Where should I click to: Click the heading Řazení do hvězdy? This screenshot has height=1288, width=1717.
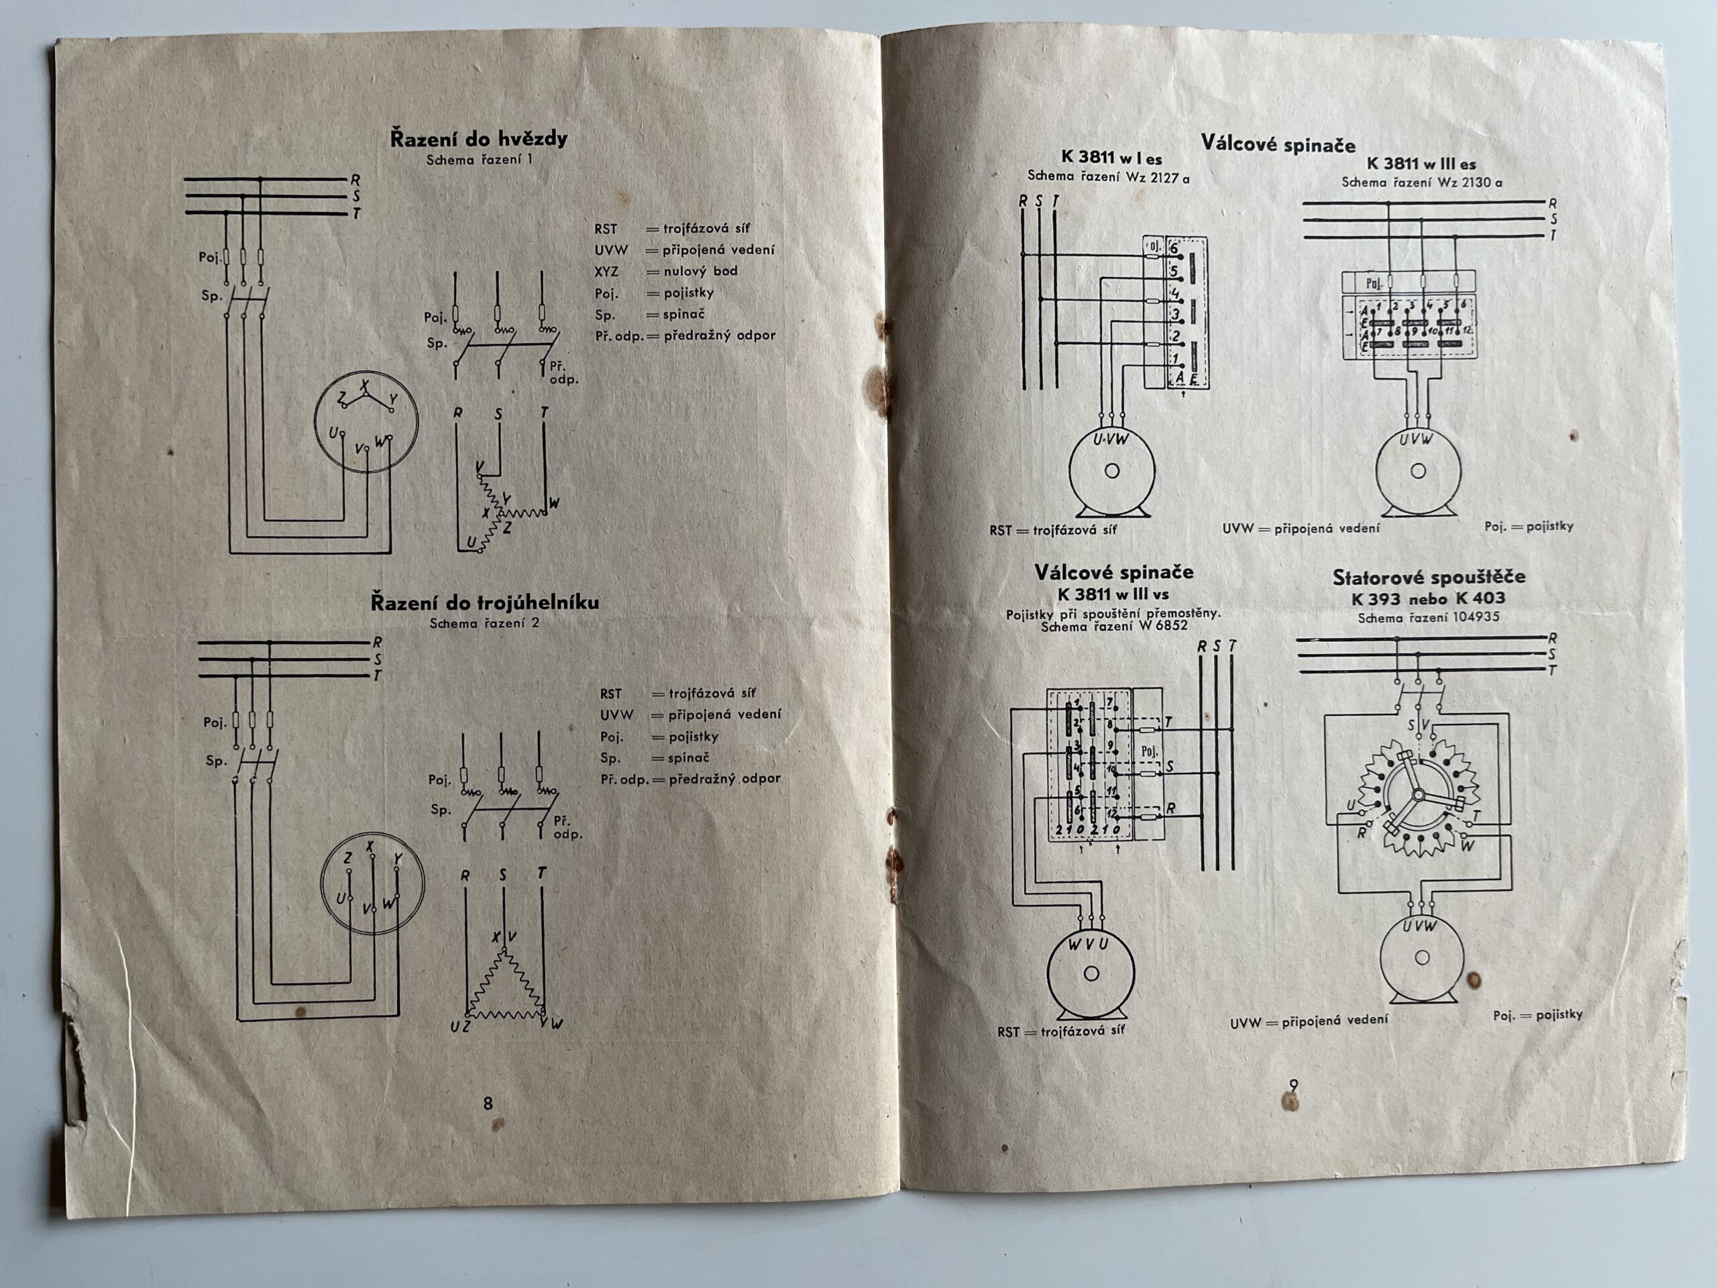(x=478, y=139)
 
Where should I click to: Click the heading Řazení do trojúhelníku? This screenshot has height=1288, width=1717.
(x=484, y=602)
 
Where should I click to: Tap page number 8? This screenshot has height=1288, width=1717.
(x=488, y=1104)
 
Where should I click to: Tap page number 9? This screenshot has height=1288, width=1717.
(x=1293, y=1086)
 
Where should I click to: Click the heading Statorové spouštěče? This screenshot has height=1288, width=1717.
(x=1428, y=577)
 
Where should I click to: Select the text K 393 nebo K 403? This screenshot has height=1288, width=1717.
(x=1428, y=598)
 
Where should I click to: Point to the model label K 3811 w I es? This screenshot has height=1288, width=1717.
(x=1111, y=158)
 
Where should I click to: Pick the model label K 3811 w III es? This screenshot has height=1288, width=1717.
(x=1421, y=164)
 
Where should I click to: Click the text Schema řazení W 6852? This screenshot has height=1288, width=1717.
(x=1114, y=626)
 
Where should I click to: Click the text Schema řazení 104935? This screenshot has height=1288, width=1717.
(x=1428, y=618)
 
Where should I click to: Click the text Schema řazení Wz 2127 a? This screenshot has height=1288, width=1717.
(x=1109, y=177)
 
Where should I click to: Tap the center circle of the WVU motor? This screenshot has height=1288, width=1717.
(x=1091, y=973)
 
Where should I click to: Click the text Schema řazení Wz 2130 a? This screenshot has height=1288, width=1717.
(x=1421, y=183)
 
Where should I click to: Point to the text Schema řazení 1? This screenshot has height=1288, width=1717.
(x=479, y=160)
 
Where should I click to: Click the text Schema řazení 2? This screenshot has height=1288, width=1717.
(x=484, y=623)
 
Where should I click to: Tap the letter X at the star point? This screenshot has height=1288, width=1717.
(x=366, y=386)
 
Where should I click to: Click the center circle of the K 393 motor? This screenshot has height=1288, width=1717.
(x=1421, y=958)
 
